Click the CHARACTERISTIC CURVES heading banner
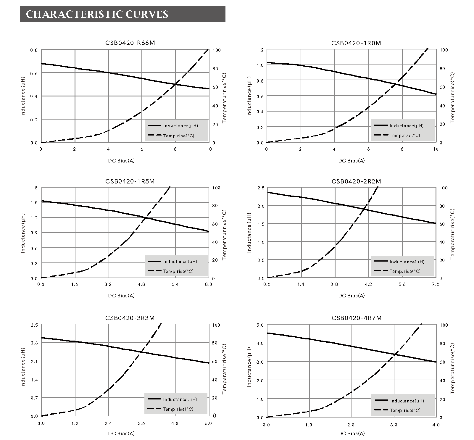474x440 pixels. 122,14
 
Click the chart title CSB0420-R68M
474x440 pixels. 130,43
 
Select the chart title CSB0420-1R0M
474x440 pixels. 356,43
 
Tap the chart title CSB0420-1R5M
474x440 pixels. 130,181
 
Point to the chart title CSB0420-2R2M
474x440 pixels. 356,181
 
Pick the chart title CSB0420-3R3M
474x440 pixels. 130,318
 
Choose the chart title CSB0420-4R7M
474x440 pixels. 357,318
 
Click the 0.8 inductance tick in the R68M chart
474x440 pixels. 34,50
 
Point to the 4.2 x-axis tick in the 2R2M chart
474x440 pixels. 368,284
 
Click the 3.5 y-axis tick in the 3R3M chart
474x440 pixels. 34,325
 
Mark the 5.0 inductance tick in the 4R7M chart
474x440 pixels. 260,325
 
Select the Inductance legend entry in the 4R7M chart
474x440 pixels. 407,401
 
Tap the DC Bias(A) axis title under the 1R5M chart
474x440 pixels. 121,295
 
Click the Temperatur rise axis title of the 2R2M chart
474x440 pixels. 452,234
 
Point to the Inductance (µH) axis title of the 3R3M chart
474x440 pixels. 23,367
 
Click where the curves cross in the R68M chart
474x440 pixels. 176,84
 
